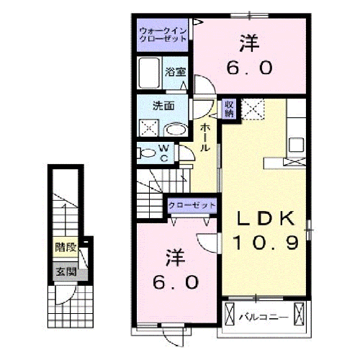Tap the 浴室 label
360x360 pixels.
175,72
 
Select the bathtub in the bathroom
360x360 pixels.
150,73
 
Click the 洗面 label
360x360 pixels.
163,106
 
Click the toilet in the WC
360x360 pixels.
147,153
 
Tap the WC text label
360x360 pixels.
163,153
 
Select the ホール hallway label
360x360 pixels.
205,137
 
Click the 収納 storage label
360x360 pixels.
229,108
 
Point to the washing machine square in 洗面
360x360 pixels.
150,128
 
